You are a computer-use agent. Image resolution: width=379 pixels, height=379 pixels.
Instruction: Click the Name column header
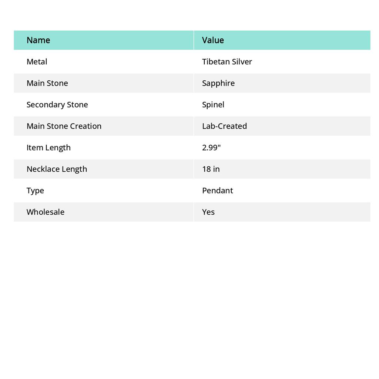[x=38, y=40]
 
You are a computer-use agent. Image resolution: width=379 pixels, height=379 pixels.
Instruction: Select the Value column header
[x=213, y=40]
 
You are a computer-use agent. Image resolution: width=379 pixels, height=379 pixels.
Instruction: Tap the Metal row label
[x=37, y=61]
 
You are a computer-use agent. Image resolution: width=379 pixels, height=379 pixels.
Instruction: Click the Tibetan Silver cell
[x=227, y=61]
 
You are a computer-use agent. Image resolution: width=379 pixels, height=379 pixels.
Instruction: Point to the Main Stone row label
[x=47, y=83]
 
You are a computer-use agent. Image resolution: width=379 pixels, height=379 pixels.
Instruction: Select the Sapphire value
[x=218, y=83]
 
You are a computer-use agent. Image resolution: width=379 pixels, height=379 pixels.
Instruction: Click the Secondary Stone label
[x=57, y=104]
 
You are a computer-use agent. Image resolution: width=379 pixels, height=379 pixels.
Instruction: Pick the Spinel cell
[x=213, y=104]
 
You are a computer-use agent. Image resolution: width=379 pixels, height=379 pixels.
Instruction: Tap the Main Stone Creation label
[x=64, y=126]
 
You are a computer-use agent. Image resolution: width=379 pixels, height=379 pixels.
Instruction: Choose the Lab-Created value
[x=224, y=126]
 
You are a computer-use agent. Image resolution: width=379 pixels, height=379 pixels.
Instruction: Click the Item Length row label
[x=48, y=147]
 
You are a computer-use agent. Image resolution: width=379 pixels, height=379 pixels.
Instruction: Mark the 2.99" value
[x=211, y=147]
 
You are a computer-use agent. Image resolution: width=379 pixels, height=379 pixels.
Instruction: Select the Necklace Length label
[x=57, y=169]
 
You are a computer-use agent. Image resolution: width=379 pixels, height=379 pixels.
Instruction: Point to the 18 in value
[x=211, y=169]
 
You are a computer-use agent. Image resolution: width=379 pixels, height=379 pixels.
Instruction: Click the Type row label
[x=35, y=190]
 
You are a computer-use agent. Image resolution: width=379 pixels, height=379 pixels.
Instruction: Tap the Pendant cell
[x=218, y=190]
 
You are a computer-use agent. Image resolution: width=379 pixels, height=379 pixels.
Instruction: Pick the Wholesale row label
[x=45, y=212]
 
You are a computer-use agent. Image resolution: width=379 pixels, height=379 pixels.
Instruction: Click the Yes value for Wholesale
[x=208, y=212]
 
